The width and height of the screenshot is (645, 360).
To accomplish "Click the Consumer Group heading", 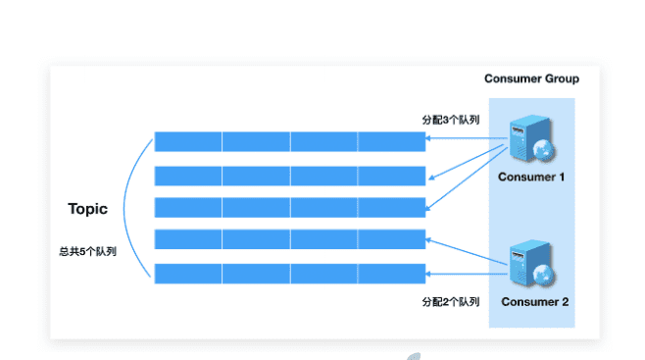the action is [x=531, y=78].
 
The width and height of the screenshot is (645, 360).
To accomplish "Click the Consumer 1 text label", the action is [x=531, y=177].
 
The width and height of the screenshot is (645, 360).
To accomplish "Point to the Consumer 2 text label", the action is [x=534, y=301].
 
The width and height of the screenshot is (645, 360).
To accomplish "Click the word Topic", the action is [x=87, y=209].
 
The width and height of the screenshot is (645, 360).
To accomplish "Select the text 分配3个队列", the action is [x=450, y=120].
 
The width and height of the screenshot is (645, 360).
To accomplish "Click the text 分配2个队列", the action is [x=450, y=301].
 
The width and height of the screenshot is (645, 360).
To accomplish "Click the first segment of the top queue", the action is [x=188, y=141].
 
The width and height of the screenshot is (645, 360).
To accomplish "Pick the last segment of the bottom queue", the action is [x=391, y=274].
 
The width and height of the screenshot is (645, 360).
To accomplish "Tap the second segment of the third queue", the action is [x=256, y=208].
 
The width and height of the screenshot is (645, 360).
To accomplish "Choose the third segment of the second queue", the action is [x=323, y=176].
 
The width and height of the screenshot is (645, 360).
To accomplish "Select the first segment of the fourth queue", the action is [x=188, y=240].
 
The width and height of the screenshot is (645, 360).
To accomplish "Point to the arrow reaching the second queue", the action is [x=466, y=163].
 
